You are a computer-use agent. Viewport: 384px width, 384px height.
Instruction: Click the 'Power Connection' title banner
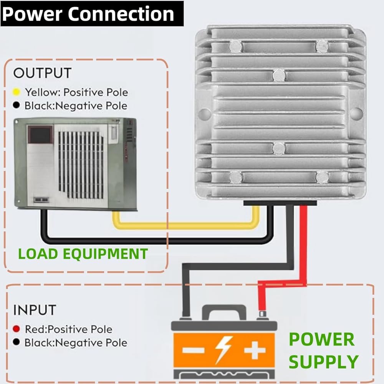[88, 14]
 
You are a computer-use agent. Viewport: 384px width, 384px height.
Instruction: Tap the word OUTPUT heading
[42, 73]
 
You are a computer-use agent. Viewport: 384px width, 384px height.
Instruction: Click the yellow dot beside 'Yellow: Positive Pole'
[17, 92]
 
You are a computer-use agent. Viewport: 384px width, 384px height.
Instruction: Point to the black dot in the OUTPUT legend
[17, 105]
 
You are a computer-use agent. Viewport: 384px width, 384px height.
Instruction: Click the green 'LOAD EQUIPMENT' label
[83, 254]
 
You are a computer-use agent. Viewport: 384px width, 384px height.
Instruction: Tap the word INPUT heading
[35, 310]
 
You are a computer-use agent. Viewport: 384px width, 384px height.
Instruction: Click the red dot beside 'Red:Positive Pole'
[17, 329]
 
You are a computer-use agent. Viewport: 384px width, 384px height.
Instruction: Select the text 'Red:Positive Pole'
[68, 329]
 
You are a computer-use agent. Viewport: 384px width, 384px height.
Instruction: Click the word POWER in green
[321, 339]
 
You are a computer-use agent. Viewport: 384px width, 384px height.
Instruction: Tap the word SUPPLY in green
[323, 362]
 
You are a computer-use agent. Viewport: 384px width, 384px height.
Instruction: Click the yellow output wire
[184, 225]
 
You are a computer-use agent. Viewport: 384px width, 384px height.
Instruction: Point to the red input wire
[303, 246]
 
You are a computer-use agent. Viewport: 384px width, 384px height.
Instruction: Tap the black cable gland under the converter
[280, 203]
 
